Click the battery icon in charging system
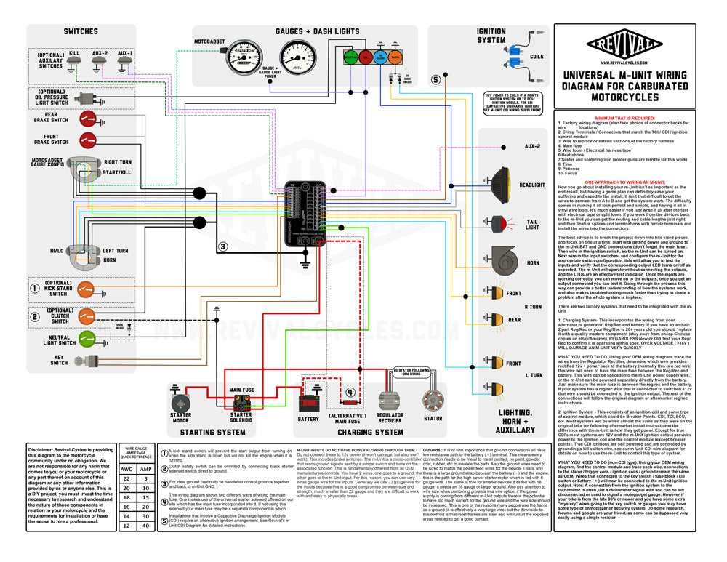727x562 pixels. [308, 404]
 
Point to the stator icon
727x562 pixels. [433, 402]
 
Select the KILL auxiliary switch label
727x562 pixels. [74, 53]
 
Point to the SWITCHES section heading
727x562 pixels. [81, 32]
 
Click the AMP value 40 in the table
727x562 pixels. [145, 526]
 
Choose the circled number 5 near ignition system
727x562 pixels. [435, 80]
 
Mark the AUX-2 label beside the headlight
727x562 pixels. [533, 147]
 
